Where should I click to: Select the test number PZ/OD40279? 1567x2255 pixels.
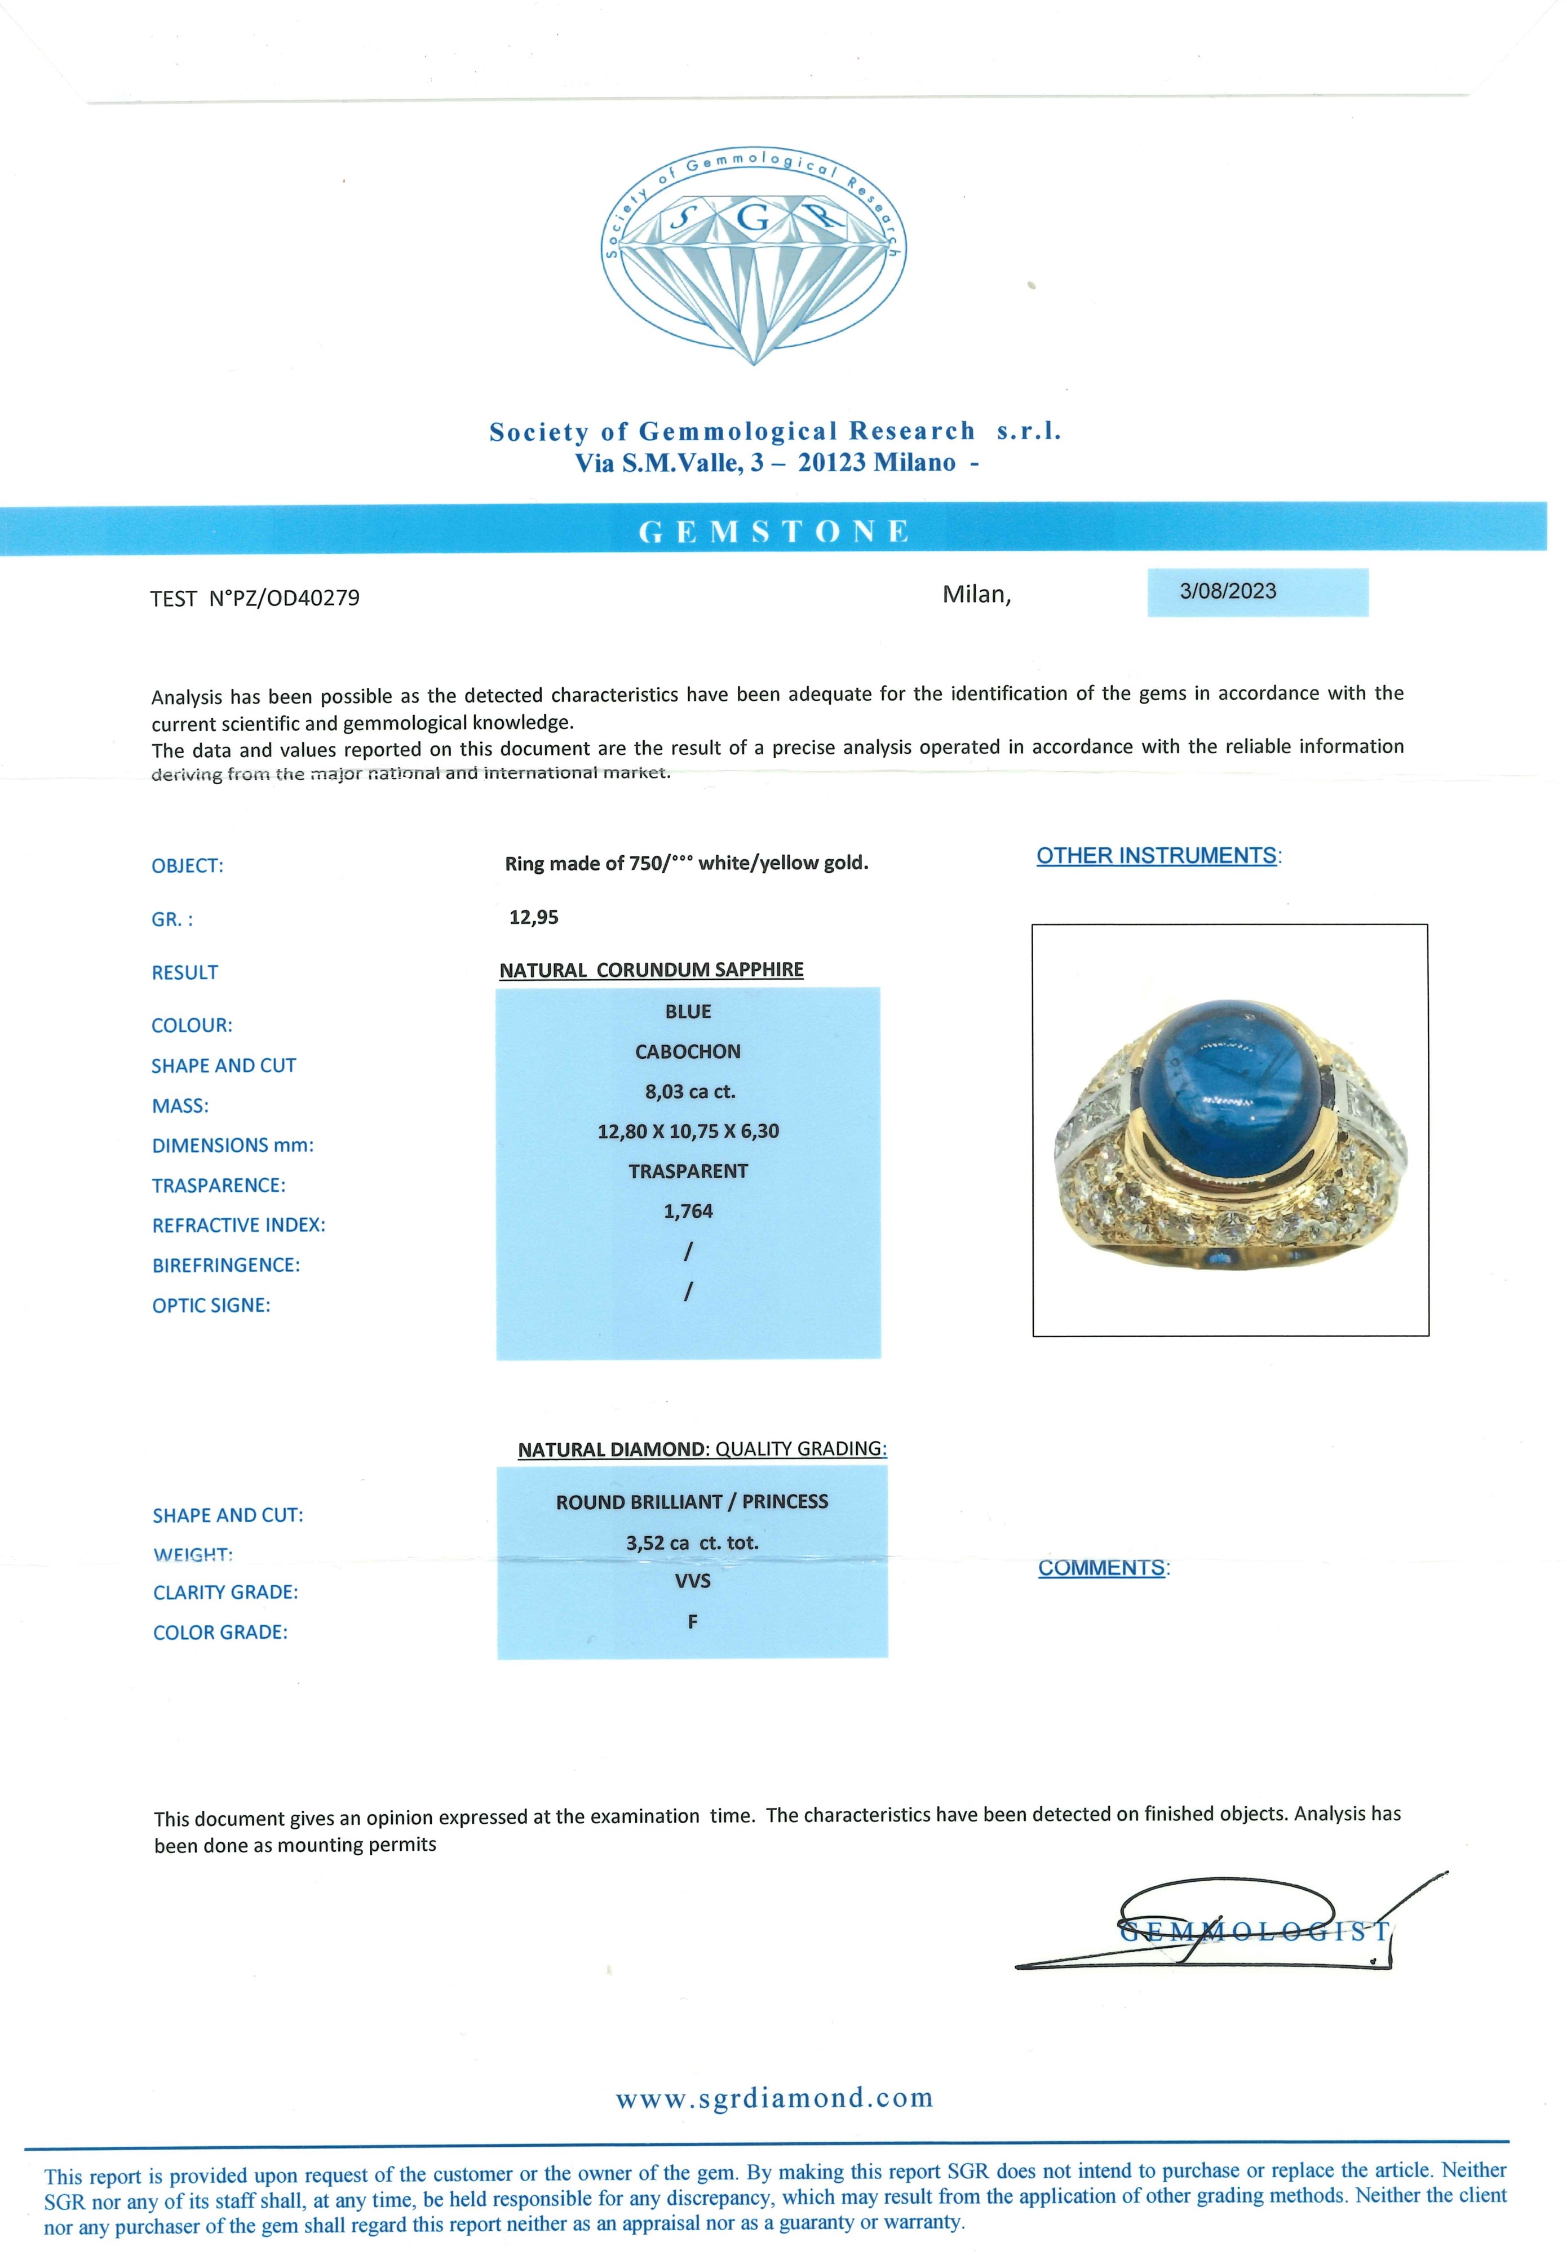pos(283,598)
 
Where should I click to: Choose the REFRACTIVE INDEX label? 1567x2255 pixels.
pos(238,1225)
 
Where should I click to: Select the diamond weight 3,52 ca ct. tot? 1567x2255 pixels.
pos(692,1542)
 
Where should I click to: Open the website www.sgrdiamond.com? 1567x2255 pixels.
pos(774,2098)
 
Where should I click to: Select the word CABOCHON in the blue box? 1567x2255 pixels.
pos(687,1051)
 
